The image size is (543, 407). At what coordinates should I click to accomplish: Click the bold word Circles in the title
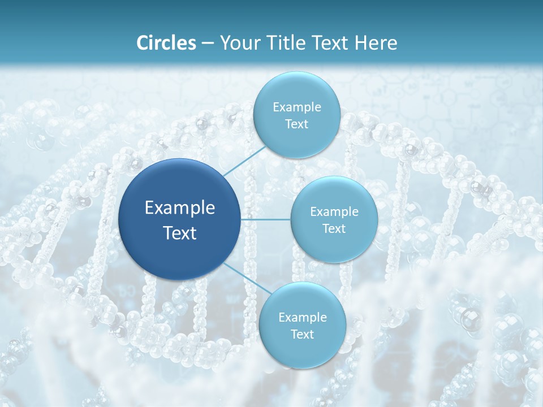coord(166,43)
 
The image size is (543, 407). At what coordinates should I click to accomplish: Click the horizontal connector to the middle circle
coord(266,219)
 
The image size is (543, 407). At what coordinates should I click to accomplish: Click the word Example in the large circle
coord(180,208)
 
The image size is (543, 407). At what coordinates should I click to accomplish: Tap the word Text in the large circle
coord(180,233)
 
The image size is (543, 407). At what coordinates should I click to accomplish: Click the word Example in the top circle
coord(297,107)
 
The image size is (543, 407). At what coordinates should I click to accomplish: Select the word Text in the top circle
coord(297,124)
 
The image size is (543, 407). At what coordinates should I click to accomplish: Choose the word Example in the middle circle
coord(334,212)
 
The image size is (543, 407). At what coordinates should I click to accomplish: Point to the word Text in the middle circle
coord(334,229)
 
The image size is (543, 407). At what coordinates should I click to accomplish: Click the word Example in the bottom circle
coord(302,318)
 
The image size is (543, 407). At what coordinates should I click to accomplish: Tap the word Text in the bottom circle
coord(302,335)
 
